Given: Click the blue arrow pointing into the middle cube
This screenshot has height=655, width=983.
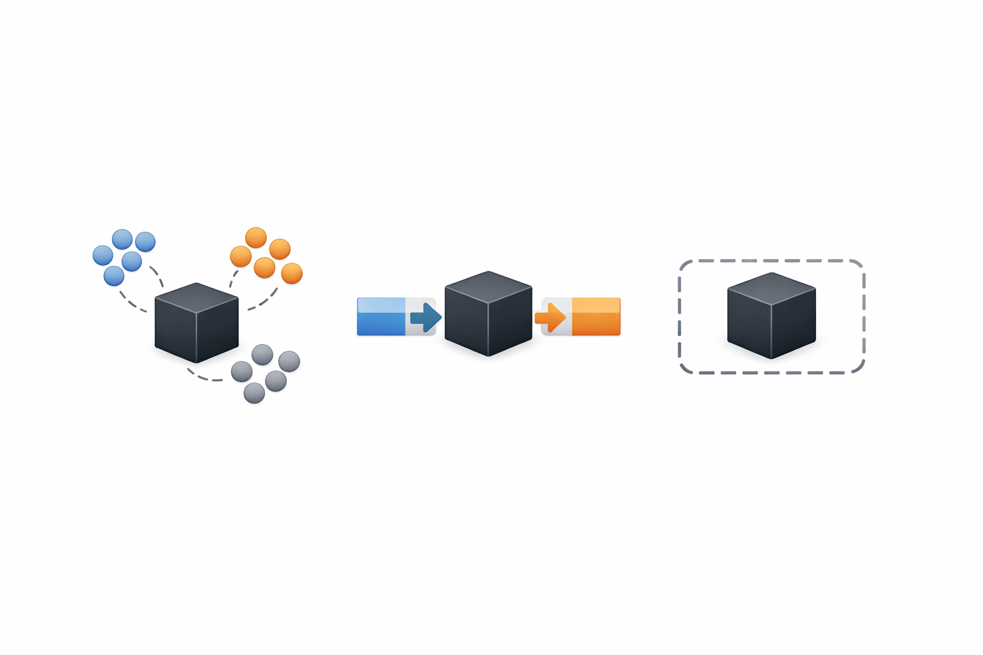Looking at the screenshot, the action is pyautogui.click(x=426, y=317).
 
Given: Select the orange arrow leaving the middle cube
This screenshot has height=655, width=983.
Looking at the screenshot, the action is pyautogui.click(x=550, y=317).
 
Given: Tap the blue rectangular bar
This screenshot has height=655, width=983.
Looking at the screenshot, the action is pyautogui.click(x=381, y=317).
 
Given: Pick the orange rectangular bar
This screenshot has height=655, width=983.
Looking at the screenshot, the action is pyautogui.click(x=596, y=317).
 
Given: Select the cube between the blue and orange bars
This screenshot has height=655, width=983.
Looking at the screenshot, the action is pyautogui.click(x=488, y=313).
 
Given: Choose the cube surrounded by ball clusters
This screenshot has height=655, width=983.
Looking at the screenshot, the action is pyautogui.click(x=196, y=323).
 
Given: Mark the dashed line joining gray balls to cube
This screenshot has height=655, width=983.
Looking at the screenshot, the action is pyautogui.click(x=205, y=378).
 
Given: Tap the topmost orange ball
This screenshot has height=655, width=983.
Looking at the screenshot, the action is pyautogui.click(x=256, y=237).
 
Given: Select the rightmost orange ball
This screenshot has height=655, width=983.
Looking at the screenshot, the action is pyautogui.click(x=292, y=273).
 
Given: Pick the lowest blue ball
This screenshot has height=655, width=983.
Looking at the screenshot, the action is pyautogui.click(x=114, y=276).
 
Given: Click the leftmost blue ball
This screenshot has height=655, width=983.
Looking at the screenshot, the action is pyautogui.click(x=102, y=255).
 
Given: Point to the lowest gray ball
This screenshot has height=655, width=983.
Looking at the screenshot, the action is pyautogui.click(x=254, y=393).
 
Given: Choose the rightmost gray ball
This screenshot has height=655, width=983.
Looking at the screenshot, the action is pyautogui.click(x=289, y=361).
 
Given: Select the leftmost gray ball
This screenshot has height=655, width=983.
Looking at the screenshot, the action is pyautogui.click(x=241, y=371).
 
